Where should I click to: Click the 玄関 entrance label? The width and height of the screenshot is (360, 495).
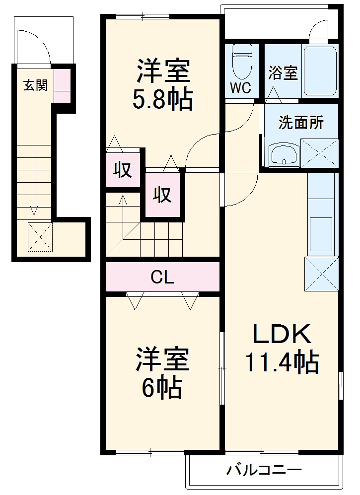[35, 85]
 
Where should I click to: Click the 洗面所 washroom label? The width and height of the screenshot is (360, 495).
[300, 123]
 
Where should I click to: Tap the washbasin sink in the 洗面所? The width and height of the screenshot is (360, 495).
[284, 154]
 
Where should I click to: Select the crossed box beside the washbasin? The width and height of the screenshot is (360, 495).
[319, 152]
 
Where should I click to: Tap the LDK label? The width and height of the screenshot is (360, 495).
[282, 335]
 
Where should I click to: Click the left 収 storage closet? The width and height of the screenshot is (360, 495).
[123, 170]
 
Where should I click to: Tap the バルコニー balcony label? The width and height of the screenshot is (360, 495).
[265, 469]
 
